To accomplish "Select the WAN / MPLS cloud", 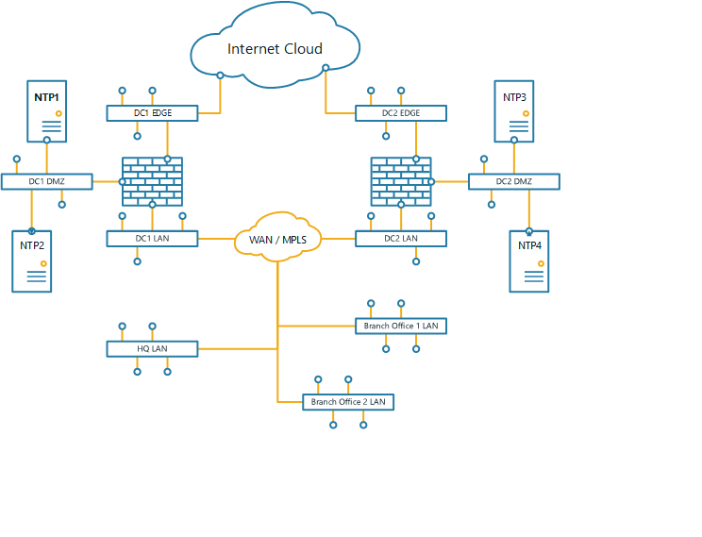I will click(277, 240).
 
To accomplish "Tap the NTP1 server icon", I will click(46, 111).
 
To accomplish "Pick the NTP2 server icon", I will click(31, 261).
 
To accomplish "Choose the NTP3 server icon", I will click(514, 111).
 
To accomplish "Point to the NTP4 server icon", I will click(529, 261).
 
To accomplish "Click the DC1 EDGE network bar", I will click(152, 113).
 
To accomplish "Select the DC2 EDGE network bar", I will click(401, 113).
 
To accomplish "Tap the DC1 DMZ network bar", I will click(46, 181).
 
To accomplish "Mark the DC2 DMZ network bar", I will click(514, 181).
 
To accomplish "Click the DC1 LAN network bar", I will click(152, 239).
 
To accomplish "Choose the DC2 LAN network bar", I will click(401, 239).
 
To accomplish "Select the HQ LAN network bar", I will click(152, 349).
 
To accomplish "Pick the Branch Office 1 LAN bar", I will click(401, 326).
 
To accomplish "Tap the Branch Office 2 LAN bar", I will click(348, 402).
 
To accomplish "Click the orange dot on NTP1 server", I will click(58, 113).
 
